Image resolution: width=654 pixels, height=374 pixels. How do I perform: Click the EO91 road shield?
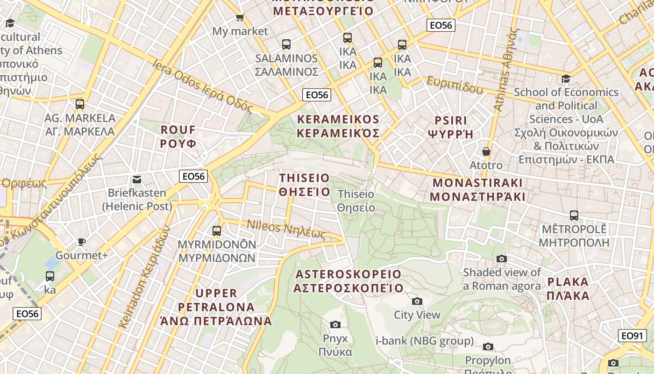tap(633, 336)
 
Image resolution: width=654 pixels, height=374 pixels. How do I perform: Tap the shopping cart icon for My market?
tap(240, 18)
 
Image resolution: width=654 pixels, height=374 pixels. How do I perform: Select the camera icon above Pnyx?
tap(335, 324)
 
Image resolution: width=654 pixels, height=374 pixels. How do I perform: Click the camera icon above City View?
tap(417, 301)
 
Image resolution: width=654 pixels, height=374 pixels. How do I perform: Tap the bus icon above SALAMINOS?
tap(286, 44)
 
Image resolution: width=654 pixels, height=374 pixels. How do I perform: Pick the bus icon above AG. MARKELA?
tap(80, 104)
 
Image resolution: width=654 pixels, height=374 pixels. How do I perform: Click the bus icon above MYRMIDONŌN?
tap(217, 230)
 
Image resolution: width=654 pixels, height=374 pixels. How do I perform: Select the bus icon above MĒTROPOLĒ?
tap(574, 216)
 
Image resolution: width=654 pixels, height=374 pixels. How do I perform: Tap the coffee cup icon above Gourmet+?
tap(82, 242)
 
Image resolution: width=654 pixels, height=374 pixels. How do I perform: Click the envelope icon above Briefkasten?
tap(137, 179)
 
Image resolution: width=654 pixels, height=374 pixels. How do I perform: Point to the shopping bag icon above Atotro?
tap(486, 151)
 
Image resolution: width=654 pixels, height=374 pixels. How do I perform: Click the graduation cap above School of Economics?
tap(566, 79)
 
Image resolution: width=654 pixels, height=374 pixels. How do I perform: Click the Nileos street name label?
tap(286, 229)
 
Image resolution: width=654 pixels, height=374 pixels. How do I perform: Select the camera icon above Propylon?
tap(488, 346)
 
